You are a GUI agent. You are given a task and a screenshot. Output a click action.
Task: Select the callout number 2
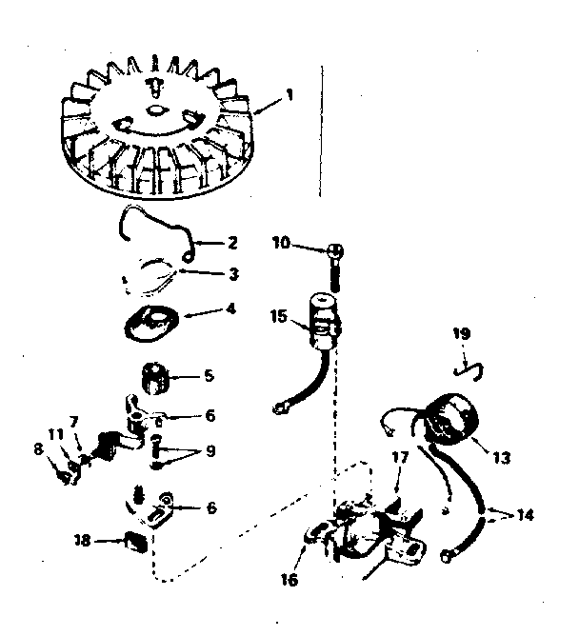232,243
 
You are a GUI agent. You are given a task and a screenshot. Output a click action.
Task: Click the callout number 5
208,376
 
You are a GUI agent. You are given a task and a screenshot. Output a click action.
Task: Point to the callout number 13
502,458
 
